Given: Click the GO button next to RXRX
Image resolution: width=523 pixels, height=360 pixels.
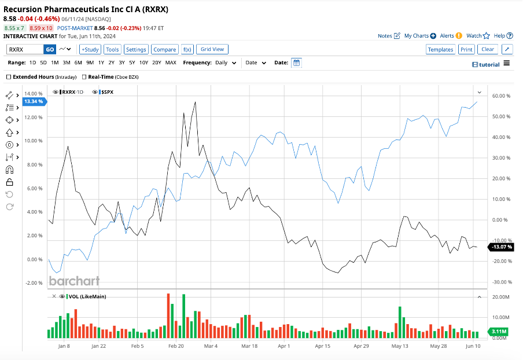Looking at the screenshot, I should (50, 50).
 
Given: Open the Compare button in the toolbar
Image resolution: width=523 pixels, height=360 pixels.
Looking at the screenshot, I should (165, 50).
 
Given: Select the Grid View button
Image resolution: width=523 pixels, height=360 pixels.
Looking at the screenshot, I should (212, 50).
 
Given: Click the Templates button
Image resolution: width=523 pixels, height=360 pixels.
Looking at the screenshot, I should (440, 50).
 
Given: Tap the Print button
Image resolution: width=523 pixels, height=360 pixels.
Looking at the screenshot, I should (466, 50).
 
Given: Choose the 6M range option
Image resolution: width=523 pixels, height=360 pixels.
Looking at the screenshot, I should (78, 63).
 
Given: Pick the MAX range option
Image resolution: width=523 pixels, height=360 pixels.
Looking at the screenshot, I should (171, 63).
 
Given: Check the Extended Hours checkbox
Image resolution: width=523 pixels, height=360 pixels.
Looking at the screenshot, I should (9, 77).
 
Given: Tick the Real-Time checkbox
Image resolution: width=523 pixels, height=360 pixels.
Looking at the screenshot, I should (84, 77).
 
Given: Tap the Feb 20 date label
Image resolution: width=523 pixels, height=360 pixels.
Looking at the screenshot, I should (176, 346).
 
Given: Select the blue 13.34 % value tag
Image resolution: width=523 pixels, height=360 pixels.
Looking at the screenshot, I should (33, 102).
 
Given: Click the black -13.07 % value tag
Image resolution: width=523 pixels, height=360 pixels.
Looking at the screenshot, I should (500, 247).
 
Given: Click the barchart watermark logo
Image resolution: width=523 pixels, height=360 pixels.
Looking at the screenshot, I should (74, 281).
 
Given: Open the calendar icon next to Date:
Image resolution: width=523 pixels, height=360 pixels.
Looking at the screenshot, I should (296, 63).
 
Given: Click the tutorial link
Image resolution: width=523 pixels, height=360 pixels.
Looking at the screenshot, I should (486, 64).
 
